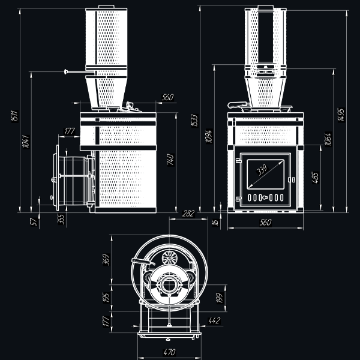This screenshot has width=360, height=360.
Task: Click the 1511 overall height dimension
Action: click(14, 116)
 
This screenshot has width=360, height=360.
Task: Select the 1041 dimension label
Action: click(26, 142)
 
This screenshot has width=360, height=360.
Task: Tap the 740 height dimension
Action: click(170, 160)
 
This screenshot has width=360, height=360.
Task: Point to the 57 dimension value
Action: click(33, 222)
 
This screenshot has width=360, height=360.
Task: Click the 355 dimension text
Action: click(61, 219)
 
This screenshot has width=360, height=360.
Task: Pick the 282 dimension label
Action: click(188, 214)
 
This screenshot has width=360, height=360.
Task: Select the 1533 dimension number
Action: click(194, 121)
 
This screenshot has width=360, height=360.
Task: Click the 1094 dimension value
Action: click(209, 136)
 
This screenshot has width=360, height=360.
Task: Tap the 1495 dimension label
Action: click(341, 115)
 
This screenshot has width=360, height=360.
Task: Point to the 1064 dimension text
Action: click(328, 139)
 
